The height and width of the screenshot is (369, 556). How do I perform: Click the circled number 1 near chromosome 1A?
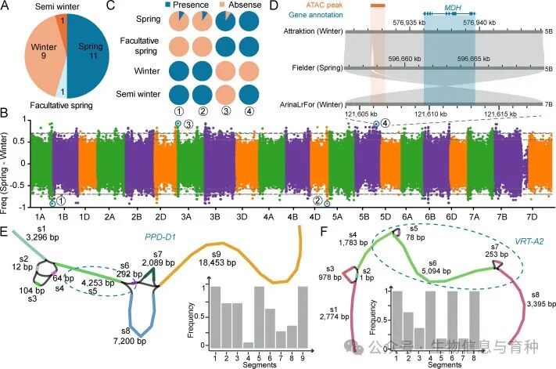click(61, 201)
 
